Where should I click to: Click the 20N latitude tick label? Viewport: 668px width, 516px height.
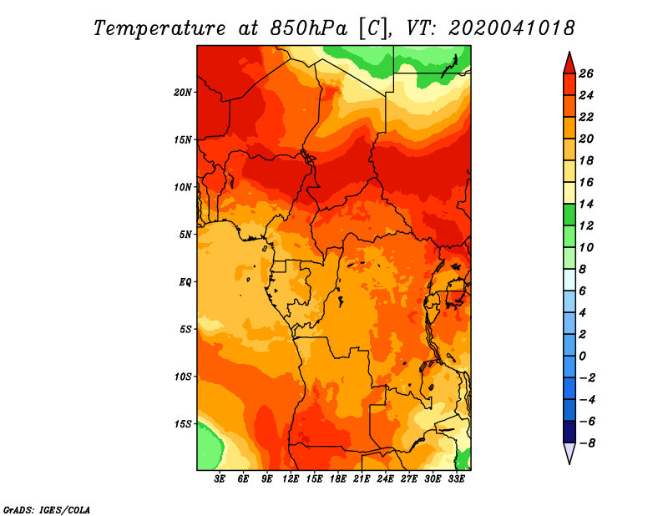coord(182,93)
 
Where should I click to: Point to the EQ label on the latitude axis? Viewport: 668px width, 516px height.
coord(185,282)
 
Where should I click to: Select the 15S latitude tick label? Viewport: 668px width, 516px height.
coord(182,424)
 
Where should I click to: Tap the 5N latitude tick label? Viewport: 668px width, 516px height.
coord(185,235)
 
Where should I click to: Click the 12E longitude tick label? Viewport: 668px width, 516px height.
coord(291,479)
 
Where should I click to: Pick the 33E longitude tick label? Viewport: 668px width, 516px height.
coord(456,479)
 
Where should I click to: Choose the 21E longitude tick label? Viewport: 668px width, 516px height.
coord(362,479)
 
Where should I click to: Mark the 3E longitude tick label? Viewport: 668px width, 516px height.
coord(220,479)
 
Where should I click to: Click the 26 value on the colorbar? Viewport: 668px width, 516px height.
coord(586,73)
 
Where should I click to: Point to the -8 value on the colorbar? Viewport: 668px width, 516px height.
coord(588,443)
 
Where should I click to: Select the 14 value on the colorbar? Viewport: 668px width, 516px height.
coord(586,204)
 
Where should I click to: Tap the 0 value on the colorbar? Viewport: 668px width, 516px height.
coord(582,357)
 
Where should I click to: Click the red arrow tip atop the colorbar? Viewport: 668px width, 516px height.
coord(569,53)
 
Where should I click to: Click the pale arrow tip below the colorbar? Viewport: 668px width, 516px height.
coord(569,463)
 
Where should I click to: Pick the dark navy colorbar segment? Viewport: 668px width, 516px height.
coord(569,432)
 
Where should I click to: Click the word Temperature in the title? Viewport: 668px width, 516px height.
coord(159,29)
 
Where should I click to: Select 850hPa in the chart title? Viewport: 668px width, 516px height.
coord(309,28)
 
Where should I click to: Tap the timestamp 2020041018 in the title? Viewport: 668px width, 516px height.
coord(511,28)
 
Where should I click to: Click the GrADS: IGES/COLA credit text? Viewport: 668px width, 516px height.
coord(47,510)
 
